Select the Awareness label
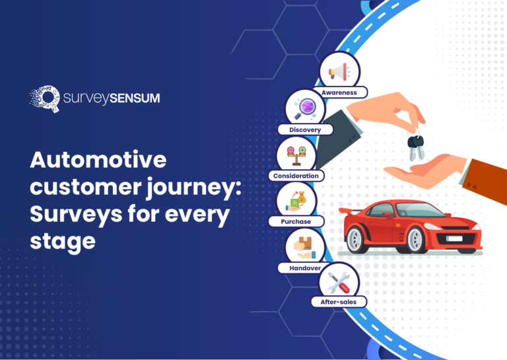click(x=339, y=93)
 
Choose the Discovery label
click(x=305, y=129)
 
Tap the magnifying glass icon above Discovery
click(x=305, y=107)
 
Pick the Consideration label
click(x=296, y=176)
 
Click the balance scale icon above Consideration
click(x=296, y=153)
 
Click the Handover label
click(x=305, y=268)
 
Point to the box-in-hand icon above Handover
click(x=305, y=246)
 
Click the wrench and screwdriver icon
click(x=339, y=281)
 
